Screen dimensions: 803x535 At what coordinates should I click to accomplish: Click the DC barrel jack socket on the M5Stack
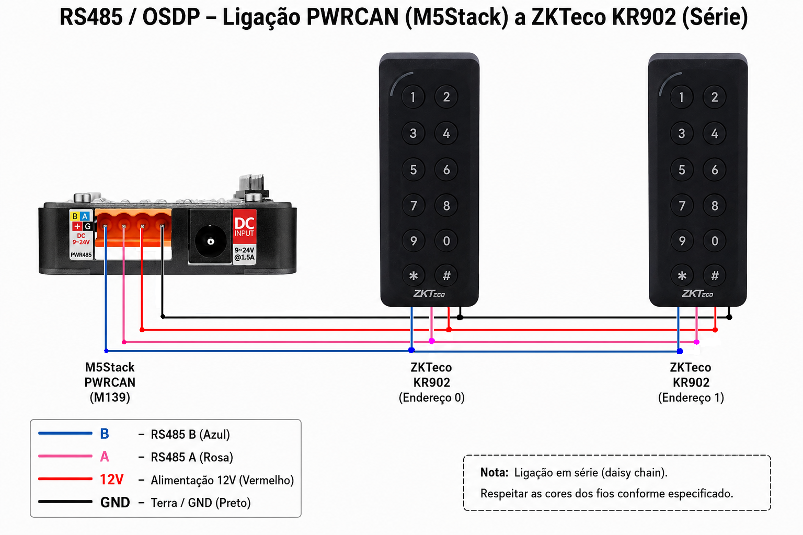(211, 237)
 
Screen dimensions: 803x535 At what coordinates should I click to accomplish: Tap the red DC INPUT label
(245, 227)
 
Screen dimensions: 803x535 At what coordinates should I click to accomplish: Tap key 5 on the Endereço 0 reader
(414, 169)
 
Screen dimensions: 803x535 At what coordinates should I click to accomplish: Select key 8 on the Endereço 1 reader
(715, 206)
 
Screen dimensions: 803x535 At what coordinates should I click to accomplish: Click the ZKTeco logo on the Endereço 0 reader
(429, 294)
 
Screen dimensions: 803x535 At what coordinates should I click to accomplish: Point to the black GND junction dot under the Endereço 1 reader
(729, 317)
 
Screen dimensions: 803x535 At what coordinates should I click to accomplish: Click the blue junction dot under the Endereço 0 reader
(411, 350)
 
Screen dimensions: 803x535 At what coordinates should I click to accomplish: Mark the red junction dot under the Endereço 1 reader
(715, 330)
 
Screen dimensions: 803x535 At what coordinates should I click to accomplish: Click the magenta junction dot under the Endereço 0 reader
(432, 341)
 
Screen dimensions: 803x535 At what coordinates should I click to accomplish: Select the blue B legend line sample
(65, 434)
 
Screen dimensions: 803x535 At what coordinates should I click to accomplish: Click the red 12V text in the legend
(111, 480)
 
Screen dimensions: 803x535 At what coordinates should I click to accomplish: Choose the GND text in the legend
(115, 503)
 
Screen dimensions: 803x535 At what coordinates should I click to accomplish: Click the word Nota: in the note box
(495, 473)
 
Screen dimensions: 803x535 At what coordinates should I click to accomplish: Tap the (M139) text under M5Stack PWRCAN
(110, 398)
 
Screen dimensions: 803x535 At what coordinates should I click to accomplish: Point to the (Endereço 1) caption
(691, 398)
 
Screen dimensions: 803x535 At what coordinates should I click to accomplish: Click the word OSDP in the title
(171, 17)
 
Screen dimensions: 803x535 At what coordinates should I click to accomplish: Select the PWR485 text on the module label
(81, 255)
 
